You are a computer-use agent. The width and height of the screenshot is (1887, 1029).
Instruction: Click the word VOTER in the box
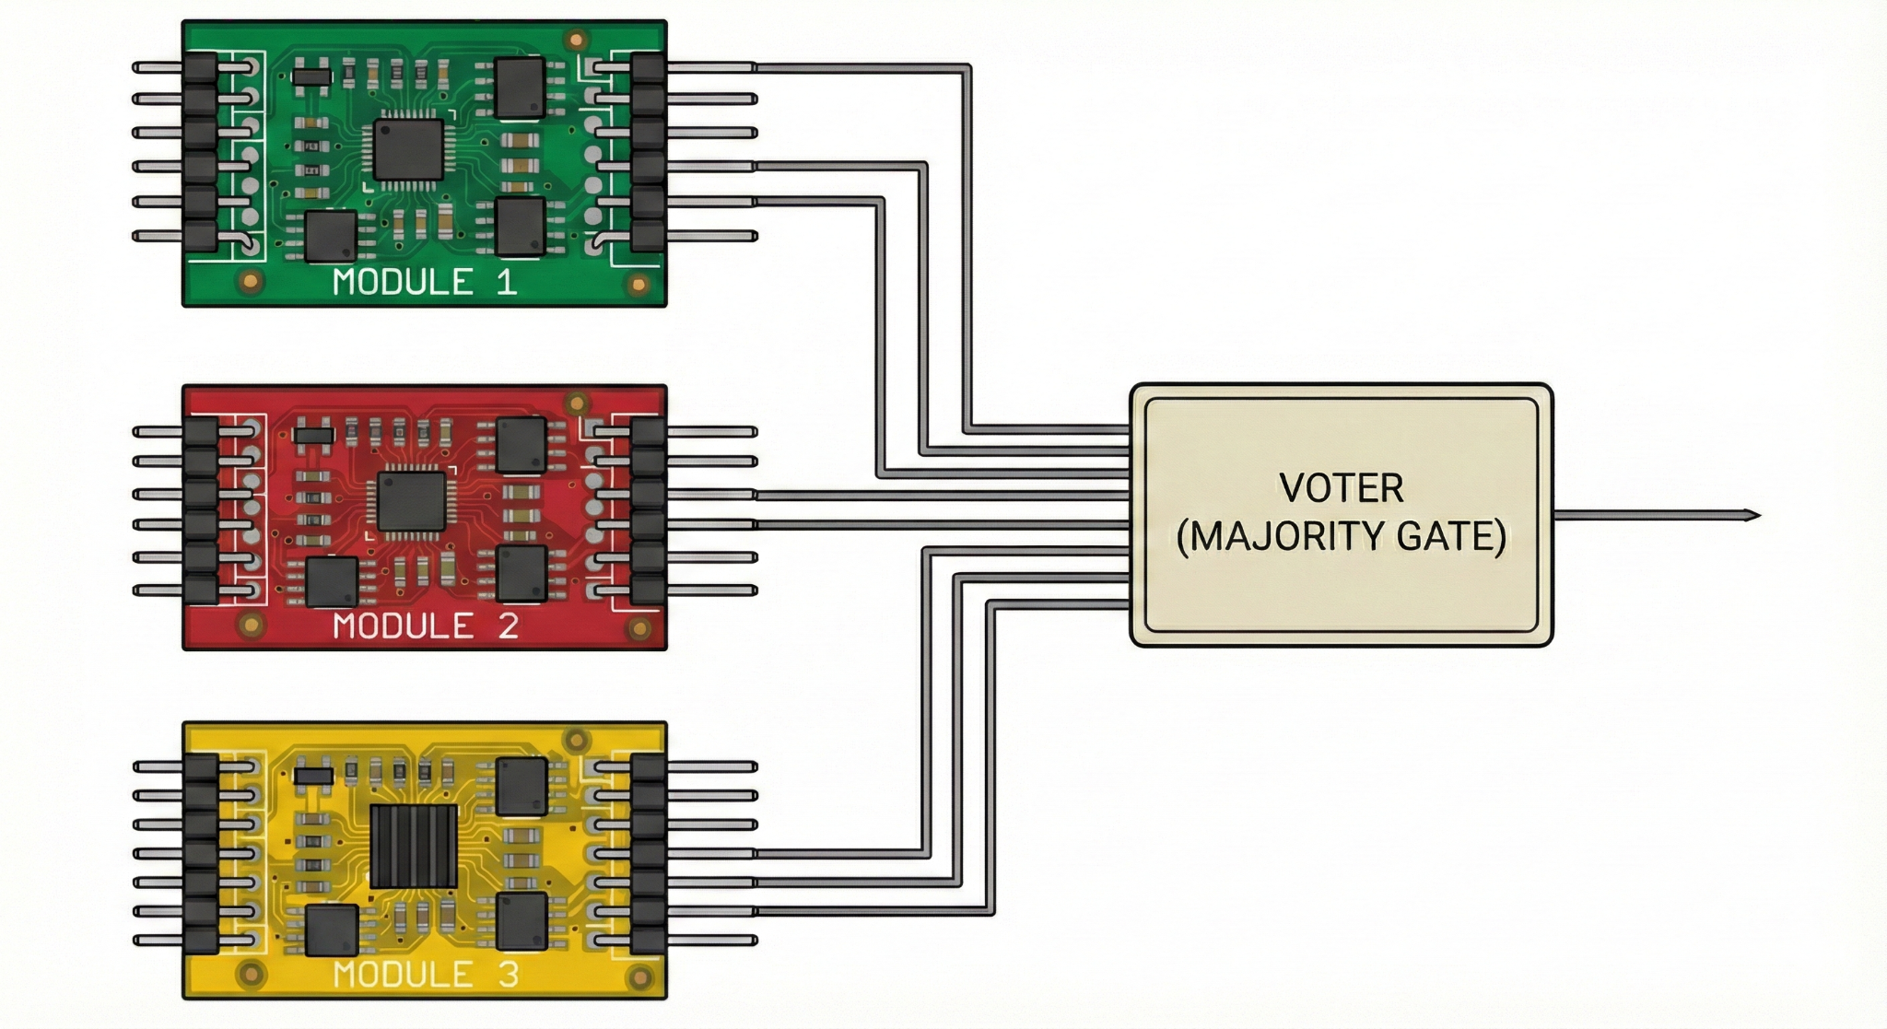(1341, 488)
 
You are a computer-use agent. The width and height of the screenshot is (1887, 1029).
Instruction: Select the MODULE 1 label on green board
(425, 282)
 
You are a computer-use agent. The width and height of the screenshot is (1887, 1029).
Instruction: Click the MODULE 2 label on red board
(426, 626)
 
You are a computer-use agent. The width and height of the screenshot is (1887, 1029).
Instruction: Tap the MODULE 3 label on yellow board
(426, 974)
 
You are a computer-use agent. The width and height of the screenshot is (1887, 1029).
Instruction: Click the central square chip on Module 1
(408, 150)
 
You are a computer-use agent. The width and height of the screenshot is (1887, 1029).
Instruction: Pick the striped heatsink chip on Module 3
(414, 846)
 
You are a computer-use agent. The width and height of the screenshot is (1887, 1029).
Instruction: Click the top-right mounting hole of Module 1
(578, 40)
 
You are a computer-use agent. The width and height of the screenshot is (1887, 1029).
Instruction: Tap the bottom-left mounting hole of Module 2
(250, 625)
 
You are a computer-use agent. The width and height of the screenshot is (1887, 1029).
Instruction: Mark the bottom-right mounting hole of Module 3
(639, 976)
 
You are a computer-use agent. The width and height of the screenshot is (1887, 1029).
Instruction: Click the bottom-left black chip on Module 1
(331, 236)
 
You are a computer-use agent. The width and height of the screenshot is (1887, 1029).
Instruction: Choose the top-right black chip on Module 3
(522, 787)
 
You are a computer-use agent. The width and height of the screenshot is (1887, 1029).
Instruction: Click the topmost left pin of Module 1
(157, 67)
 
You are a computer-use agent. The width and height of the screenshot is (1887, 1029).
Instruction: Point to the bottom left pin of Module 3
(157, 941)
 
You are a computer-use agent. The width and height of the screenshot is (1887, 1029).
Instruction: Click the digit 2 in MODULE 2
(508, 626)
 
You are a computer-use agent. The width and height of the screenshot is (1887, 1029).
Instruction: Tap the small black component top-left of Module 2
(314, 434)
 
